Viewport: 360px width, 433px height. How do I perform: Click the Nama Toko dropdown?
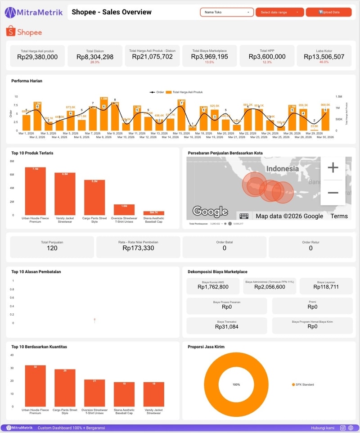[x=227, y=12]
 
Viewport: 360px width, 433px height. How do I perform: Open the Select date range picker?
[x=279, y=12]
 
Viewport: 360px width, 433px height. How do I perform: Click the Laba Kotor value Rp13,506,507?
[x=324, y=57]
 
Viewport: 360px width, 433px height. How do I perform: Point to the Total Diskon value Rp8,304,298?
[x=95, y=57]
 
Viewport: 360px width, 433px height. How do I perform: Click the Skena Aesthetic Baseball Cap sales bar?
[x=153, y=213]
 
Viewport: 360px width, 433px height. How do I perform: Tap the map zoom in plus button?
[x=333, y=168]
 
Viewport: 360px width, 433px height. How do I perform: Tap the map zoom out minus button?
[x=333, y=193]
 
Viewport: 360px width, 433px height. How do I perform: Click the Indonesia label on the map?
[x=282, y=168]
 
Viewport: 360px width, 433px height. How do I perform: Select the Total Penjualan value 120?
[x=52, y=248]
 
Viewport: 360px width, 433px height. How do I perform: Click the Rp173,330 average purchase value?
[x=138, y=248]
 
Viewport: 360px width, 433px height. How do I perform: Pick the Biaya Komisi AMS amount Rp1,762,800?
[x=213, y=287]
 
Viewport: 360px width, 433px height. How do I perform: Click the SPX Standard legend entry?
[x=303, y=384]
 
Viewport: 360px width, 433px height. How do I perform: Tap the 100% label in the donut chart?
[x=236, y=385]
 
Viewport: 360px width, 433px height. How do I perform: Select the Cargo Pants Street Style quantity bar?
[x=65, y=388]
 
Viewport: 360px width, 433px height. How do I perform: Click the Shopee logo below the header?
[x=24, y=32]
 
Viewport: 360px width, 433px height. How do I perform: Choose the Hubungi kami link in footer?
[x=322, y=428]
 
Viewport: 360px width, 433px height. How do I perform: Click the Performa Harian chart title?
[x=27, y=81]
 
